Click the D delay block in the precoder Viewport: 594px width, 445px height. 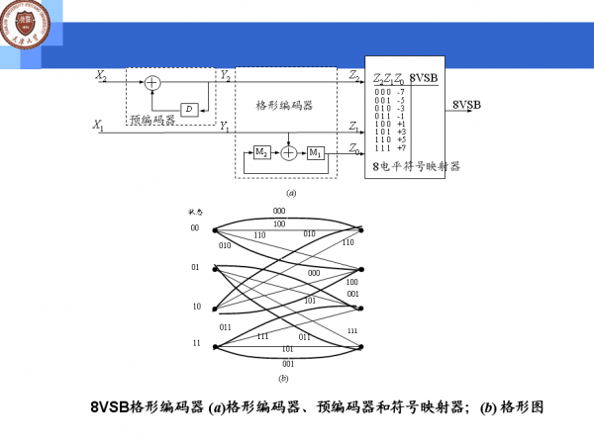coord(189,109)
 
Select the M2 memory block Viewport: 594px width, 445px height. coord(261,152)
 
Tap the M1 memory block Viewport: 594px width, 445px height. coord(315,152)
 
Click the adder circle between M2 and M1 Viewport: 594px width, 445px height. coord(288,152)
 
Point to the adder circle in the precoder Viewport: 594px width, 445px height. coord(152,83)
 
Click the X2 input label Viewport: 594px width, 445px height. coord(100,75)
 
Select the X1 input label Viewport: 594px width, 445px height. coord(99,125)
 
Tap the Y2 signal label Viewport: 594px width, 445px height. coord(225,75)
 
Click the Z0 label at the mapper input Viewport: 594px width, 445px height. coord(354,149)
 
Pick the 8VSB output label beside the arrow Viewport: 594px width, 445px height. coord(466,104)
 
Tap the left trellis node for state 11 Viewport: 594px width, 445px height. coord(214,346)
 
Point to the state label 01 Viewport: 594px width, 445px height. coord(195,267)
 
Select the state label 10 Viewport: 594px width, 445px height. coord(195,307)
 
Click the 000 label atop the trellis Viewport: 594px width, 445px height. coord(279,211)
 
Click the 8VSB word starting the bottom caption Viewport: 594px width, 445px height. coord(110,407)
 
